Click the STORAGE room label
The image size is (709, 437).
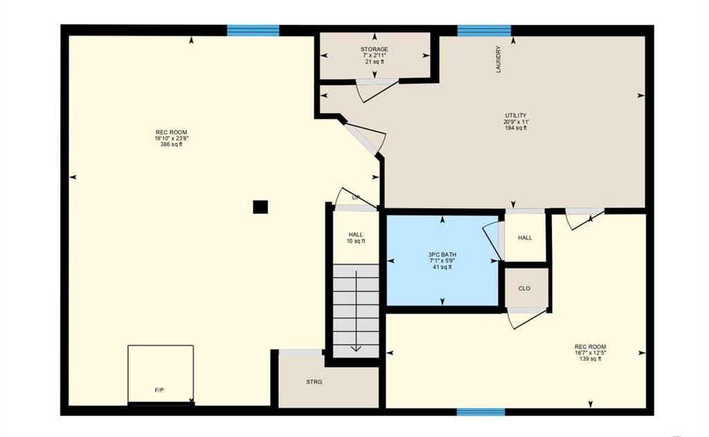(374, 50)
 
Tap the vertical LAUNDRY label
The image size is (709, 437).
(498, 60)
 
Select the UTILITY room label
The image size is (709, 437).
(515, 115)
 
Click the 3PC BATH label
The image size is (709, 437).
(442, 254)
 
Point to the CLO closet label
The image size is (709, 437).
(524, 288)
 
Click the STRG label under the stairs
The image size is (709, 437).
(314, 382)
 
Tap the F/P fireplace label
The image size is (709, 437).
(159, 391)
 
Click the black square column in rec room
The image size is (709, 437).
(260, 207)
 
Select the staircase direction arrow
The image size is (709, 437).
(356, 311)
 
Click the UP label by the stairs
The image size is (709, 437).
(356, 198)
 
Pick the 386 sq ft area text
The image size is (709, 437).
(171, 145)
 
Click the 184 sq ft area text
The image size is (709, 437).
(515, 128)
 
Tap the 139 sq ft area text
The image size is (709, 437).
(590, 359)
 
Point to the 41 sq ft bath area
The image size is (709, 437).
(442, 267)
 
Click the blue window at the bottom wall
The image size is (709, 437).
(481, 412)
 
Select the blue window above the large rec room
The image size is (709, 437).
(253, 30)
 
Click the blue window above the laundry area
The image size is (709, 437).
(484, 30)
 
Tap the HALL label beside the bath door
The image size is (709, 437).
(525, 238)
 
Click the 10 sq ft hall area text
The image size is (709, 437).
(356, 241)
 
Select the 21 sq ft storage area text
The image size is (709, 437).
(374, 62)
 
